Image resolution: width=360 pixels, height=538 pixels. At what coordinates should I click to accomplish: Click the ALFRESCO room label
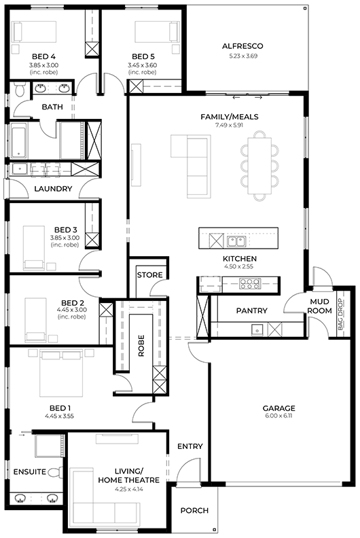(x=242, y=46)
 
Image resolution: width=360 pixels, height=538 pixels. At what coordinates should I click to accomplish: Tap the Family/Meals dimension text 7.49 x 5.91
(x=229, y=125)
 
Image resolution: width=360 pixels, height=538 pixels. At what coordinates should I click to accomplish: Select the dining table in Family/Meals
(x=259, y=165)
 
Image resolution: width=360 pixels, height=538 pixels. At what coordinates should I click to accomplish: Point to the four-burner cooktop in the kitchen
(x=250, y=283)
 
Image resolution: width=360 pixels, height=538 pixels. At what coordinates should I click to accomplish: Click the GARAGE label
(x=278, y=408)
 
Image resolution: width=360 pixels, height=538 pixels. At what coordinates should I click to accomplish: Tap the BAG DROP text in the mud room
(x=340, y=315)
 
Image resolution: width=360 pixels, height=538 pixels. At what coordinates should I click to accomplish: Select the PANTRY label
(x=251, y=310)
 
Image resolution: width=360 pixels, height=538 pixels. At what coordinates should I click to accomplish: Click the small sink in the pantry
(x=257, y=329)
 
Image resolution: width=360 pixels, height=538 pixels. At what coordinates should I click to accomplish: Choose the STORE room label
(x=149, y=275)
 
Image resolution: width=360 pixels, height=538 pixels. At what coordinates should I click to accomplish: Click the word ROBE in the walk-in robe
(x=141, y=346)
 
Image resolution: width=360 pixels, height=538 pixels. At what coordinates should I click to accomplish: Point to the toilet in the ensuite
(x=55, y=472)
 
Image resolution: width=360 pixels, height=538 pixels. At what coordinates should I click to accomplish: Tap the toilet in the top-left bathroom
(x=20, y=89)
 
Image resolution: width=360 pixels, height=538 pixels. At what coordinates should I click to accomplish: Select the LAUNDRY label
(x=53, y=189)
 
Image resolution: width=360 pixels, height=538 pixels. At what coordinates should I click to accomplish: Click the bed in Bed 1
(x=61, y=373)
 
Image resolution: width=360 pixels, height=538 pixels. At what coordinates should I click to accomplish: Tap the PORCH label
(x=194, y=511)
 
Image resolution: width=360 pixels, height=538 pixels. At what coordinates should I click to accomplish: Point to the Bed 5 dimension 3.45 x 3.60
(x=143, y=65)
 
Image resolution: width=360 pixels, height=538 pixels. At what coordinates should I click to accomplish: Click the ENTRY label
(x=190, y=446)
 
